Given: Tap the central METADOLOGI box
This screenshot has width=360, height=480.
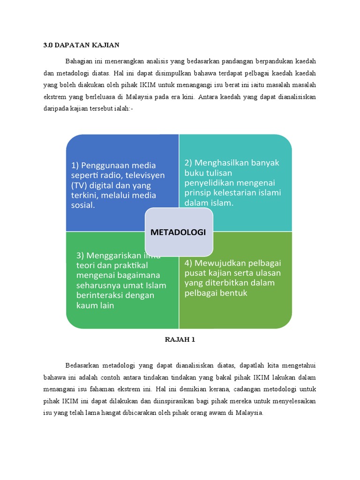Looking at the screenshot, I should click(179, 232).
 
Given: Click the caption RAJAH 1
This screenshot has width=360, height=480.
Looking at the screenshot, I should click(180, 340).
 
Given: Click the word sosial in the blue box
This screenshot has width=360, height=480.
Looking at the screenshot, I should click(83, 205).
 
